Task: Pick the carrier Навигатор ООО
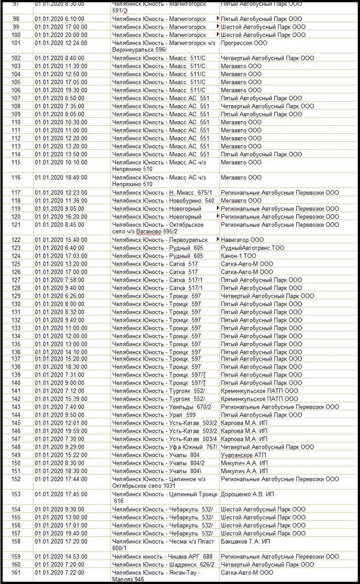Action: [x=242, y=240]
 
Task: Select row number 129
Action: [x=17, y=296]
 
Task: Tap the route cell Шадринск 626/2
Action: [x=163, y=565]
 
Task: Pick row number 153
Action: [x=17, y=494]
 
